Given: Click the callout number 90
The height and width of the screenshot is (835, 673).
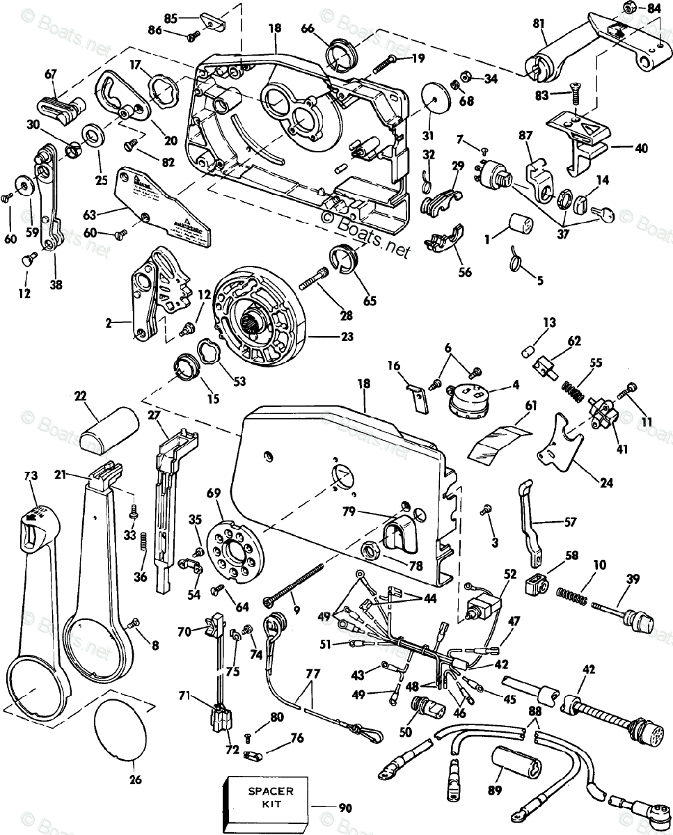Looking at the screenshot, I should coord(346,808).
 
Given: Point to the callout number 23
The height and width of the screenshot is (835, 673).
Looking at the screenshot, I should coord(347,337).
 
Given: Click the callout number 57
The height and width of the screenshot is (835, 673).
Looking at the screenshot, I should coord(571,521).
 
